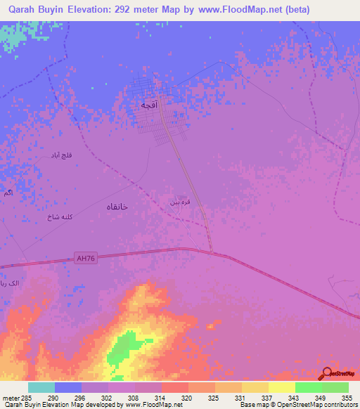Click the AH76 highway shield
[84, 259]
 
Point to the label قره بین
[178, 202]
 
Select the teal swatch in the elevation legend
[41, 387]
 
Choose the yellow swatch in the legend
[281, 387]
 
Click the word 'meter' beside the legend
[8, 397]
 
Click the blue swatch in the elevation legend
[68, 387]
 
